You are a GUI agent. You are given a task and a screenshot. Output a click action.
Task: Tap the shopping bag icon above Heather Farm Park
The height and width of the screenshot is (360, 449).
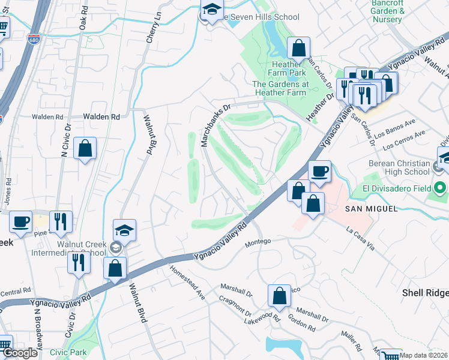click(298, 47)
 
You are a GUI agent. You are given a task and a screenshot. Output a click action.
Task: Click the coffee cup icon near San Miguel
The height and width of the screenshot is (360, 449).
click(319, 172)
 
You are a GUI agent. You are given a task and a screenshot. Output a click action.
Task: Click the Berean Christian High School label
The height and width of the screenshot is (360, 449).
click(396, 169)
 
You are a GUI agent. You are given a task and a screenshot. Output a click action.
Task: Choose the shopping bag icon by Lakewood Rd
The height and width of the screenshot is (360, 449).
click(279, 295)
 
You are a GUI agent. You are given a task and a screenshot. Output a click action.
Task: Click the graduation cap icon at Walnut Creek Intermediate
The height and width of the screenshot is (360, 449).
click(124, 230)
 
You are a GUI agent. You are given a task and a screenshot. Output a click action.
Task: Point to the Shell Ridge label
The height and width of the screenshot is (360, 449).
click(424, 292)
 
